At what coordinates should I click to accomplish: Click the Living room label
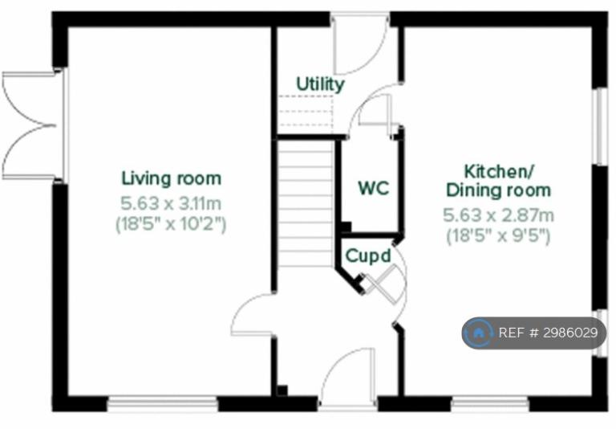tap(172, 178)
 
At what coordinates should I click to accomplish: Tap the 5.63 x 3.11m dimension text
tap(171, 204)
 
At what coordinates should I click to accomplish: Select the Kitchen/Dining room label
tap(498, 181)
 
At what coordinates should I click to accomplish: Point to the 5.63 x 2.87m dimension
tap(499, 215)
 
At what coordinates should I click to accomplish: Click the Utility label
tap(320, 84)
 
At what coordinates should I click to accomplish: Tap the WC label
tap(374, 188)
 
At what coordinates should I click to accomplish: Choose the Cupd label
tap(368, 256)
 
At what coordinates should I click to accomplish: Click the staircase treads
tap(306, 204)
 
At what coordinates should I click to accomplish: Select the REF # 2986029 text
tap(548, 333)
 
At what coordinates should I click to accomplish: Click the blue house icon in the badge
tap(478, 333)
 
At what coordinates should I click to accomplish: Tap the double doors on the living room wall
tap(30, 126)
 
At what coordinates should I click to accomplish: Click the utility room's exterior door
tap(360, 44)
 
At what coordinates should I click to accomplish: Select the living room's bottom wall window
tap(163, 402)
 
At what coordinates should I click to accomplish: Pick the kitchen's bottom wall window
tap(489, 402)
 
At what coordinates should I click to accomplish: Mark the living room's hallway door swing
tap(251, 315)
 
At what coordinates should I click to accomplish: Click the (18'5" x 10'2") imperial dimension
tap(171, 225)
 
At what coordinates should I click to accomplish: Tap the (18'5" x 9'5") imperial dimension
tap(498, 236)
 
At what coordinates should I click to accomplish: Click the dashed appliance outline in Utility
tap(306, 111)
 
